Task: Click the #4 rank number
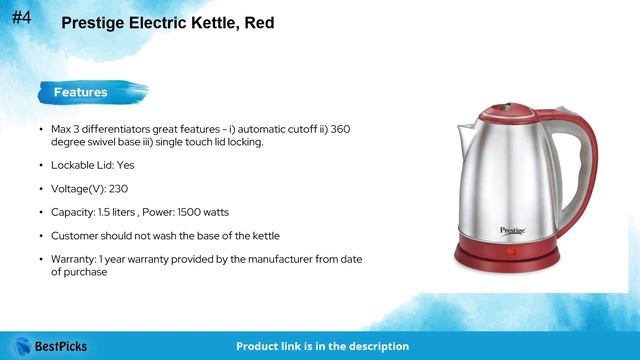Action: (x=24, y=16)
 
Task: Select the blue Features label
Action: (x=80, y=93)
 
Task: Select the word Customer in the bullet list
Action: (x=77, y=235)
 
